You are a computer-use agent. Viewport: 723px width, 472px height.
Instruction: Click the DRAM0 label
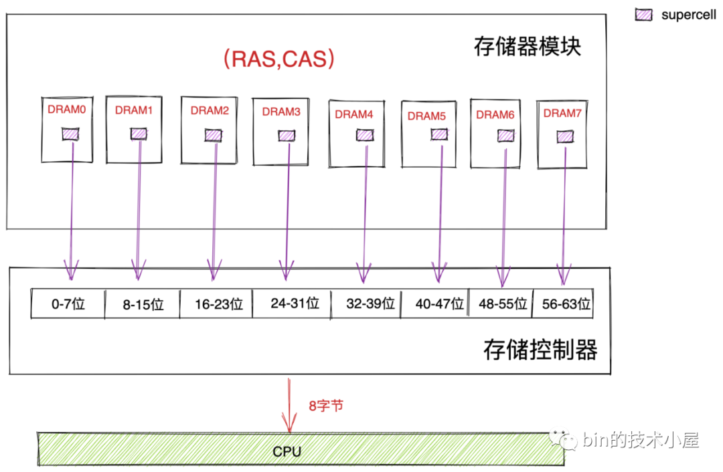[x=67, y=108]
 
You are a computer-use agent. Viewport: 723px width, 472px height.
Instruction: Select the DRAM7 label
[x=562, y=113]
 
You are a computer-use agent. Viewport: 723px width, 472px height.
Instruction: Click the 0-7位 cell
[x=68, y=305]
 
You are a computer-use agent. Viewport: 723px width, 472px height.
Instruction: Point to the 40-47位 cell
[x=440, y=304]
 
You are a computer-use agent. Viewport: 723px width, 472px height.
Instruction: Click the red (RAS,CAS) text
[x=278, y=59]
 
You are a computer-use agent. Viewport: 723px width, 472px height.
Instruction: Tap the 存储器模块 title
[x=527, y=47]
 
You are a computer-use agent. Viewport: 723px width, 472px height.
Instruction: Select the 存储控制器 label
[x=540, y=350]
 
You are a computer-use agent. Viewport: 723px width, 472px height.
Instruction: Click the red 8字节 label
[x=326, y=406]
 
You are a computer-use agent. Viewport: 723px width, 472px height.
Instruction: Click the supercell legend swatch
[x=644, y=14]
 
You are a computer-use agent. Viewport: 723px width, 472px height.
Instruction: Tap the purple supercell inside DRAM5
[x=439, y=134]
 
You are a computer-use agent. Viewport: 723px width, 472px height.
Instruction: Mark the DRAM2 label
[x=210, y=111]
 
